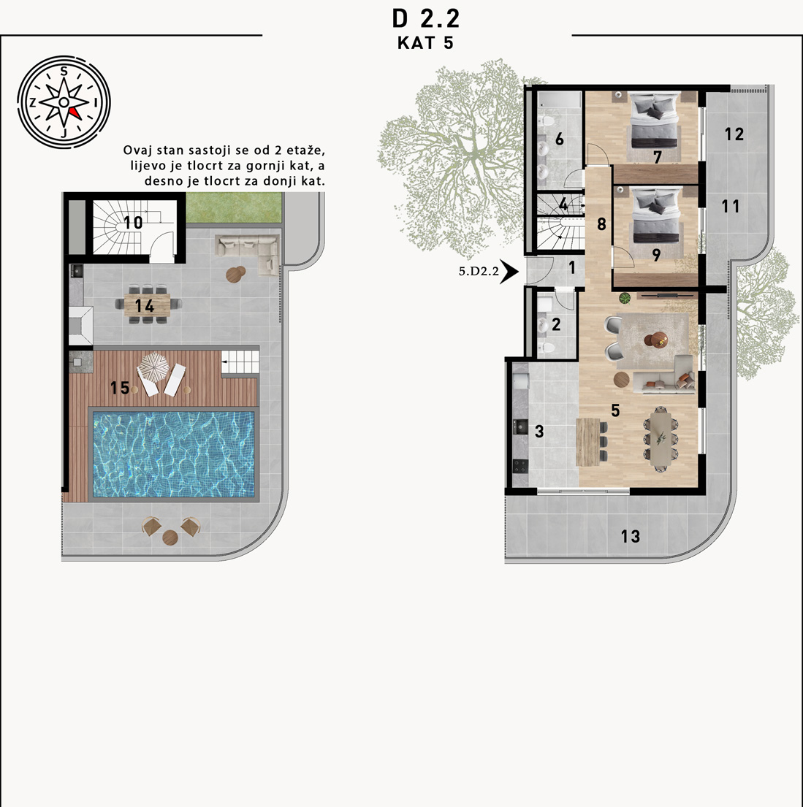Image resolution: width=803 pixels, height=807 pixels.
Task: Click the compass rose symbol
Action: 64,102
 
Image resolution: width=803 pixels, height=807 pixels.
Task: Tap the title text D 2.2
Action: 425,19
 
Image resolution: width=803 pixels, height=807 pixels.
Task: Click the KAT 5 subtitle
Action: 425,42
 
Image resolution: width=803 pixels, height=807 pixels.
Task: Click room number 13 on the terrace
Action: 631,536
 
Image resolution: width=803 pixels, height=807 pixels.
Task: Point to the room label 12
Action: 734,134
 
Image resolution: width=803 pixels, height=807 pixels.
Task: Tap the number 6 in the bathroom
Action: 560,139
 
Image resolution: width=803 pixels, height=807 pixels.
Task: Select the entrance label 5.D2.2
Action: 479,271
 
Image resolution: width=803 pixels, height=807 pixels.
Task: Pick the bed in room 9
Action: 655,215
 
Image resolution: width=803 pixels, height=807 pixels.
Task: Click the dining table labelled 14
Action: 148,305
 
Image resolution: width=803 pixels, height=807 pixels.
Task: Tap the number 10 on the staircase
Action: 133,222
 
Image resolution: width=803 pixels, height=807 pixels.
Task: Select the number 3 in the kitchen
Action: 539,432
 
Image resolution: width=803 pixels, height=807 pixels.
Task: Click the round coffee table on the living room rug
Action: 656,340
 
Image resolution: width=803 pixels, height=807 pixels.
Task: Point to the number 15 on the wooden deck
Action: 120,388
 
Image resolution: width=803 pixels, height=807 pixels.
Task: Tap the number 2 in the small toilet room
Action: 556,324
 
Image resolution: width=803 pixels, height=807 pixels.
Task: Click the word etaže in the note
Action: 305,150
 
